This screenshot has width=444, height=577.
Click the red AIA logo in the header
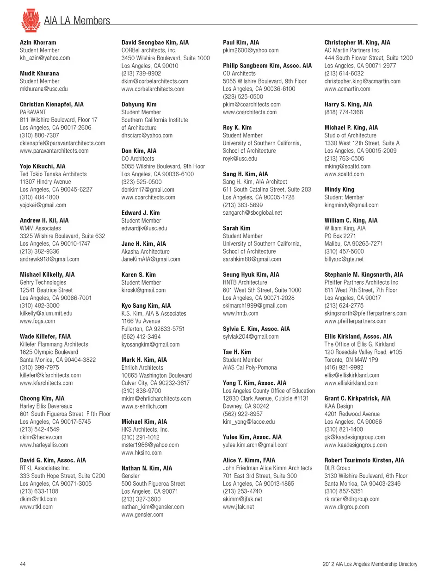point(31,20)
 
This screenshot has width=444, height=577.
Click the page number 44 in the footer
point(23,564)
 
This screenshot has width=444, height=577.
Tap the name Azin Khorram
point(38,43)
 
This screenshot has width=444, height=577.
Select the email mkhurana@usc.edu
point(43,89)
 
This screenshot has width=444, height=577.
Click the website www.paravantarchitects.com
point(54,151)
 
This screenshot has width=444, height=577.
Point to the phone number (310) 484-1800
point(39,197)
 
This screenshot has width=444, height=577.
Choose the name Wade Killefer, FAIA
point(45,336)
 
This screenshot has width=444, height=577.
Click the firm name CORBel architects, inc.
point(149,50)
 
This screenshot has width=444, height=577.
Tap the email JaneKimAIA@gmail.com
point(151,259)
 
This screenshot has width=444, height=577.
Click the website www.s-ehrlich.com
point(144,406)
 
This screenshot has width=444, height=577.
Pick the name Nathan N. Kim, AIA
point(147,468)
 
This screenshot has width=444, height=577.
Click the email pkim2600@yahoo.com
point(251,50)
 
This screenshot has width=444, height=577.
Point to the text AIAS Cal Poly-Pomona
point(250,367)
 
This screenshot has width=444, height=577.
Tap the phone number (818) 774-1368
point(344,112)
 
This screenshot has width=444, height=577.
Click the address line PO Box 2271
point(340,236)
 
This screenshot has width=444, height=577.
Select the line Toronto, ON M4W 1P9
point(351,360)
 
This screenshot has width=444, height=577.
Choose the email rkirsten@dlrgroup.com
point(352,499)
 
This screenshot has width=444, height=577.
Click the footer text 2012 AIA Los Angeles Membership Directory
point(370,564)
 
